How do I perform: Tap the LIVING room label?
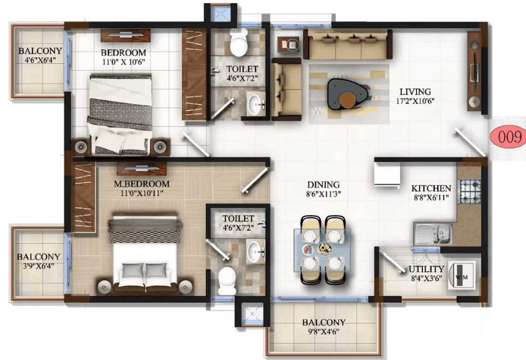414,92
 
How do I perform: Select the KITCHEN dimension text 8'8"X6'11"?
431,197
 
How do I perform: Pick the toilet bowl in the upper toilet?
238,44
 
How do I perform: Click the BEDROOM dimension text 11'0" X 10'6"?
123,62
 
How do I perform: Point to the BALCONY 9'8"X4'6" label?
324,331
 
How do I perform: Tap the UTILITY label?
426,269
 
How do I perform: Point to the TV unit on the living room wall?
474,71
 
